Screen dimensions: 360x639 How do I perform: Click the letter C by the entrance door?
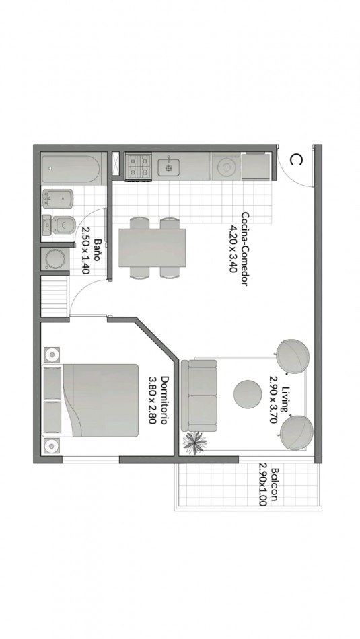[x=296, y=160]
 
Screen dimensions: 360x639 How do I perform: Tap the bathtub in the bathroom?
[x=71, y=168]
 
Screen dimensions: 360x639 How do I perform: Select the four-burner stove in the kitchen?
[x=138, y=166]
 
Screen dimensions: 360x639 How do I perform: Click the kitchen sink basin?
[x=169, y=167]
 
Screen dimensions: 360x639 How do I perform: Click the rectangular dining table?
[x=152, y=248]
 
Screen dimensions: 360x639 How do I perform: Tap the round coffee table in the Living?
[x=248, y=393]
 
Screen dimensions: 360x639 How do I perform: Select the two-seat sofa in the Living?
[x=199, y=396]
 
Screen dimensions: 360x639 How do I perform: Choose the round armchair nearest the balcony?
[x=296, y=433]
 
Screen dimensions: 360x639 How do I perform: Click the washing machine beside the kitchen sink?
[x=225, y=166]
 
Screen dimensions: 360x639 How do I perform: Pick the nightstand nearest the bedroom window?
[x=52, y=446]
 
